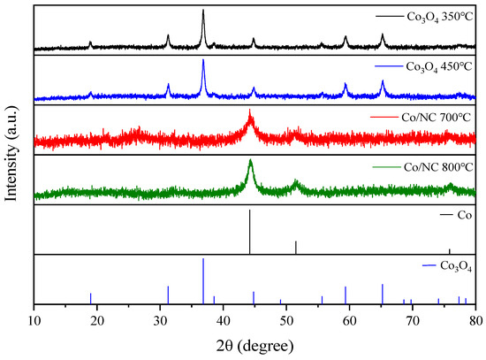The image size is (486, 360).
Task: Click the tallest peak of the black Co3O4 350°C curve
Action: click(203, 11)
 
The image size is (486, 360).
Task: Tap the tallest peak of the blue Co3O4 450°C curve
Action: click(203, 61)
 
